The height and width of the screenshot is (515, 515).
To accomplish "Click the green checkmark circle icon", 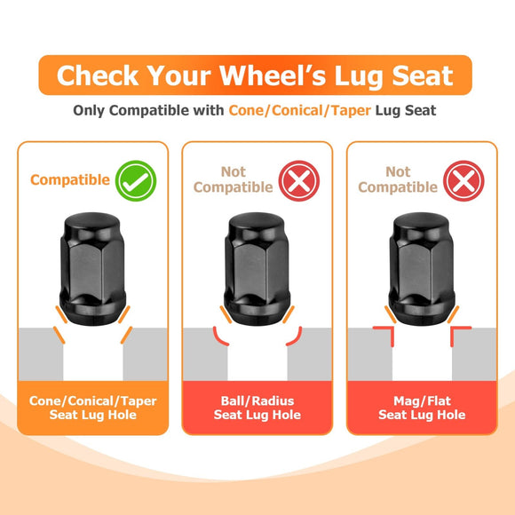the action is pos(136,180).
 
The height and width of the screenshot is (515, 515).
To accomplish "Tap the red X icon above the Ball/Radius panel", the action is pos(299,180).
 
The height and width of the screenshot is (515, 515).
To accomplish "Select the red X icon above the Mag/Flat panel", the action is pos(463,180).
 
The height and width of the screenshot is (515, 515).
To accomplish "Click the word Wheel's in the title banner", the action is pos(273,75).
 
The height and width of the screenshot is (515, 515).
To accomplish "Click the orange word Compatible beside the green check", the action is pos(70,180).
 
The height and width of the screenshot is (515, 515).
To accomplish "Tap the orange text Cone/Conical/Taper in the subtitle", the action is pos(300,111).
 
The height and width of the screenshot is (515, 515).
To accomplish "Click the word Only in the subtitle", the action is pos(89,111).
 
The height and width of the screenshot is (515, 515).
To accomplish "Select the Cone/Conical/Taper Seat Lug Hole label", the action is pos(93,408).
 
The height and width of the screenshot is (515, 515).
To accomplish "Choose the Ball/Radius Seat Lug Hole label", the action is pos(257,408).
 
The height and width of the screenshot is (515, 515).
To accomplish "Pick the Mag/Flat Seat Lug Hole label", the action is pos(422,408).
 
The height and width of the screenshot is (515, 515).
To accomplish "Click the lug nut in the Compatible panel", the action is pos(92,269).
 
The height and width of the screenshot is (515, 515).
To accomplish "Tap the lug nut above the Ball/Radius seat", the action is pos(257,269).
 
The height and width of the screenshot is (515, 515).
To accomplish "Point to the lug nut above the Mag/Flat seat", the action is pos(422,269).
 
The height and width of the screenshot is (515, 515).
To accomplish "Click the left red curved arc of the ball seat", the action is pos(218,339).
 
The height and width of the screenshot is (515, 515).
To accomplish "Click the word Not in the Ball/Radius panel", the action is pos(234,171).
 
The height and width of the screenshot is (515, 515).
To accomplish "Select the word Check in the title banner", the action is pos(98,75).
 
